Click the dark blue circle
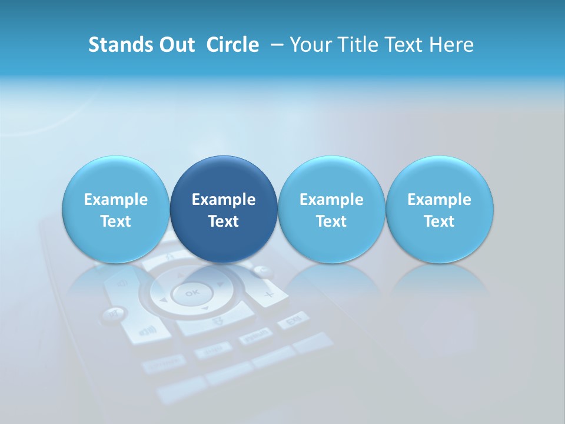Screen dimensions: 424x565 pyautogui.click(x=224, y=210)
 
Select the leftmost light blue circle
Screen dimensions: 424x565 pyautogui.click(x=115, y=210)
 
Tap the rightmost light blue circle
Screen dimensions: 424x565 pyautogui.click(x=439, y=210)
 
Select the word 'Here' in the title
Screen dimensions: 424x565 pyautogui.click(x=452, y=45)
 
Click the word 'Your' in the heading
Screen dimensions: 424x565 pyautogui.click(x=310, y=45)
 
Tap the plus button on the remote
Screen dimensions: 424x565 pyautogui.click(x=268, y=294)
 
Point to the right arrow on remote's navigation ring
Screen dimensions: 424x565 pyautogui.click(x=221, y=284)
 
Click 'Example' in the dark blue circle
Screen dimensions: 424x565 pyautogui.click(x=224, y=200)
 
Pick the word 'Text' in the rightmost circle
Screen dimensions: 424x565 pyautogui.click(x=439, y=221)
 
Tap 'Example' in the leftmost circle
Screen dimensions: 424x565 pyautogui.click(x=115, y=200)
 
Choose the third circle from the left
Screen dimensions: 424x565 pyautogui.click(x=331, y=210)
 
